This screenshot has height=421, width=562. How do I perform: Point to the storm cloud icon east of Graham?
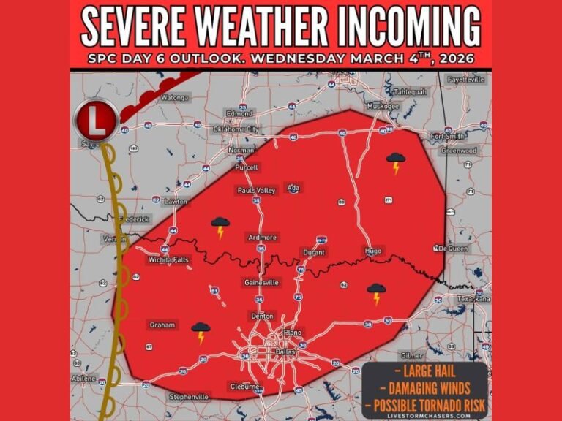(x=201, y=333)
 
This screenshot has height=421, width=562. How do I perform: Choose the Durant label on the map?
(x=313, y=253)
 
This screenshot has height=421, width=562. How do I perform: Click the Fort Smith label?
(x=447, y=136)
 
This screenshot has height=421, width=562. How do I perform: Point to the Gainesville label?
(x=261, y=283)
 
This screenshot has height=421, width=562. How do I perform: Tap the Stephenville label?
(x=189, y=397)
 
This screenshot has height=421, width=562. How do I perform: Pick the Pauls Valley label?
(x=256, y=191)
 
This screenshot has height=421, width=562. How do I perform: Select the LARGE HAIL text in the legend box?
(x=424, y=371)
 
